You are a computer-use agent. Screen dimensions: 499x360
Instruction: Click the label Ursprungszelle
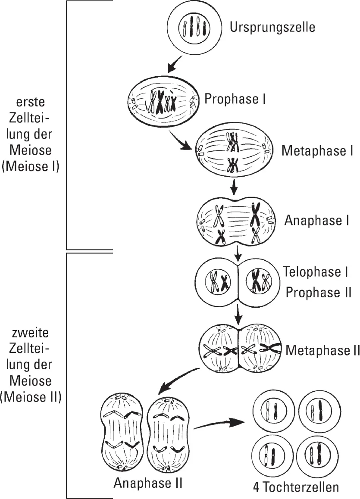click(x=272, y=27)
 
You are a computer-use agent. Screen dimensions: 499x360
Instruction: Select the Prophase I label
click(x=235, y=99)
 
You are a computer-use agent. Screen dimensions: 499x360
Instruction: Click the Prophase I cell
click(x=163, y=102)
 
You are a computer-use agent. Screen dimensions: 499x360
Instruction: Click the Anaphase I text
click(x=316, y=220)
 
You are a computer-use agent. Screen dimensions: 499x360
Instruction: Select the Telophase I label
click(x=316, y=272)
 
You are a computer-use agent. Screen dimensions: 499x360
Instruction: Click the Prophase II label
click(x=319, y=293)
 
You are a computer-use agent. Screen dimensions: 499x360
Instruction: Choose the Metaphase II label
click(x=322, y=350)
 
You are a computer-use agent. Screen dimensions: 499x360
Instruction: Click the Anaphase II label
click(x=148, y=483)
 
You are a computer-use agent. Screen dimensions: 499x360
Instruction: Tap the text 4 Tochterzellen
click(x=296, y=487)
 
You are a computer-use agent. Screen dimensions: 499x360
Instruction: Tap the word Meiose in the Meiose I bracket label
click(x=33, y=150)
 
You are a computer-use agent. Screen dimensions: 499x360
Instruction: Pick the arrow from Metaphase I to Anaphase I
click(x=234, y=187)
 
